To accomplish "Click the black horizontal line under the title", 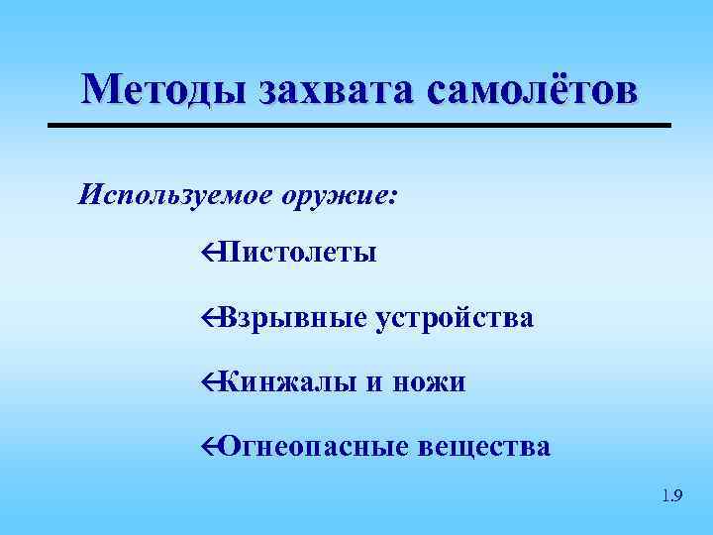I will pos(359,126).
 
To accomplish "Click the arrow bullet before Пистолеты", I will pos(207,254).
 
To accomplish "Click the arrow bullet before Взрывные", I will pos(207,318).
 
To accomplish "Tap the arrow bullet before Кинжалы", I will pos(207,382).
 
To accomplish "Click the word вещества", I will pos(485,446).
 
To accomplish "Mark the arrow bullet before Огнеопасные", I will pos(207,447).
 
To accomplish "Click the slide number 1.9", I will pos(670,495).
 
